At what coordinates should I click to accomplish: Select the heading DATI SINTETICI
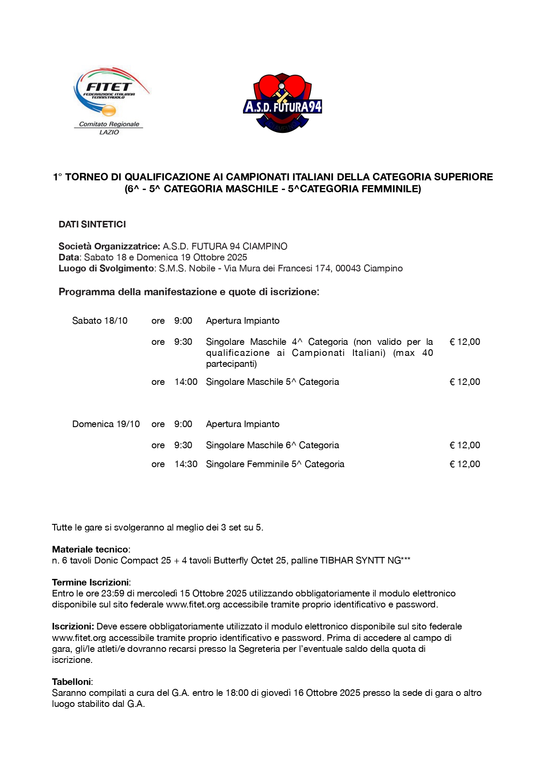(92, 224)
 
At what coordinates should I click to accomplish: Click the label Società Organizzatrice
(109, 246)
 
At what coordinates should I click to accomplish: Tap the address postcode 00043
(348, 268)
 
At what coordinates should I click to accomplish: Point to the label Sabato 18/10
(100, 321)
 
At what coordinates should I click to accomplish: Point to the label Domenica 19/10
(106, 424)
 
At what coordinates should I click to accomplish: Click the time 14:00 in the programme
(186, 382)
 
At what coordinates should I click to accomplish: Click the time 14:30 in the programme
(186, 464)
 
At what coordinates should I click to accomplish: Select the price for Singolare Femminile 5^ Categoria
(465, 464)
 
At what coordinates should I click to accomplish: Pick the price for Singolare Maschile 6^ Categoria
(465, 445)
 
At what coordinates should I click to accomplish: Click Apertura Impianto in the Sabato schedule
(243, 321)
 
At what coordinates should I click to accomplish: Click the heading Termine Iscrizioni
(91, 582)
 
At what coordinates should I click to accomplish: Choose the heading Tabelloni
(72, 682)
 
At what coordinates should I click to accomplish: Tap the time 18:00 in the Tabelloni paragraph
(237, 693)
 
